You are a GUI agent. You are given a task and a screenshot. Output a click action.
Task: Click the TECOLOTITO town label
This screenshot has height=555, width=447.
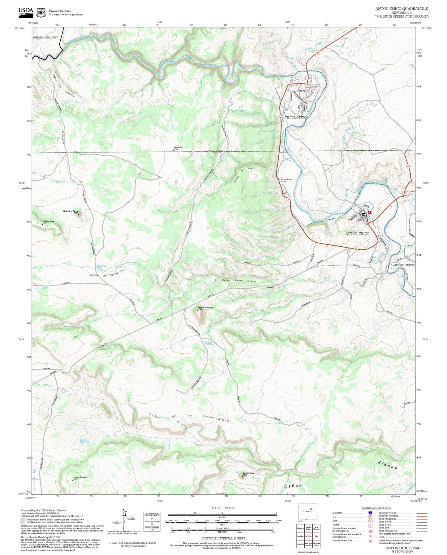tap(295, 118)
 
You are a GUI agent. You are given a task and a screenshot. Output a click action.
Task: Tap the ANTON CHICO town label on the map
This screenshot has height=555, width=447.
tap(357, 233)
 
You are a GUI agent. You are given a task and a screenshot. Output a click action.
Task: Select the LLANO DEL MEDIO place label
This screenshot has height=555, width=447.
tap(402, 265)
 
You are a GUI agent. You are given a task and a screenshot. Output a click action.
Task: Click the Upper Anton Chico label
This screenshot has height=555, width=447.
tap(286, 180)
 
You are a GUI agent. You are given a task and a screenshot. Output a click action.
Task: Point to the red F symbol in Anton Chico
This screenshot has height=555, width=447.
tap(369, 213)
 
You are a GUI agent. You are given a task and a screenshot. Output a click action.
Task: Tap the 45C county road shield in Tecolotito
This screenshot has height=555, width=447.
tap(314, 89)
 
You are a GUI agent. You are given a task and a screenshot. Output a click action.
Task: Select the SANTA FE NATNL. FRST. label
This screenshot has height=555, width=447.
tap(45, 37)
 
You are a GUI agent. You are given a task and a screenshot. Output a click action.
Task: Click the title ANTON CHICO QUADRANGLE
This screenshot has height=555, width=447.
tap(402, 9)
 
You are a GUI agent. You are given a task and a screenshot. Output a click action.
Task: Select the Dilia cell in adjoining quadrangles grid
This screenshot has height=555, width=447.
tap(316, 536)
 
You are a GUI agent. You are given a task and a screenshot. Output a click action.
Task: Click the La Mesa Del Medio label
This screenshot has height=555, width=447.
tap(80, 478)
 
